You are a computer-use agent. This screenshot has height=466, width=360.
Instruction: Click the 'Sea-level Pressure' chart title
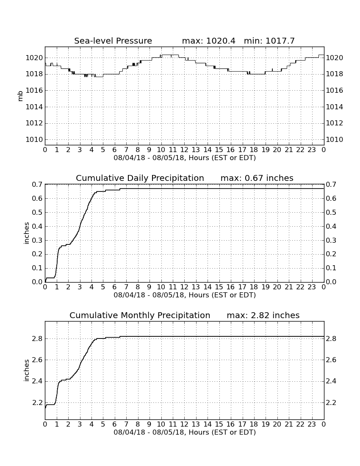pos(113,41)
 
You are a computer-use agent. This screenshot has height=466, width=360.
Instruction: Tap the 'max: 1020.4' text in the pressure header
pos(208,41)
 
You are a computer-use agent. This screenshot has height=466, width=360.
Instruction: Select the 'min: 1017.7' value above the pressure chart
pos(269,41)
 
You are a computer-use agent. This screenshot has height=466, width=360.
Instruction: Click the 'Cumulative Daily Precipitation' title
pos(140,178)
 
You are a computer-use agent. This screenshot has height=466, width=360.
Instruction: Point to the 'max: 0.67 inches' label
pos(257,178)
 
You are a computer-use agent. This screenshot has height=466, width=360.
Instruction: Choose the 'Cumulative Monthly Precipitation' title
pos(140,315)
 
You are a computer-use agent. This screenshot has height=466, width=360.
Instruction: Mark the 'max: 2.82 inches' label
pos(263,315)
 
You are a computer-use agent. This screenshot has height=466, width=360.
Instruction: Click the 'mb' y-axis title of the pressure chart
pos(20,96)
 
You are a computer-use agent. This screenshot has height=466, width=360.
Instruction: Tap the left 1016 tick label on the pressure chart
pos(34,90)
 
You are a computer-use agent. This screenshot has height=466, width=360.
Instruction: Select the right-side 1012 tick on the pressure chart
pos(335,123)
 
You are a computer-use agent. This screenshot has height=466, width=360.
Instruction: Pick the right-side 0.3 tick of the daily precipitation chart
pos(331,240)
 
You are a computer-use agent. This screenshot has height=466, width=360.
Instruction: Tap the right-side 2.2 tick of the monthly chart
pos(331,403)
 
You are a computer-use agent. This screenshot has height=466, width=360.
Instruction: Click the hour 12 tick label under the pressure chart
pos(184,150)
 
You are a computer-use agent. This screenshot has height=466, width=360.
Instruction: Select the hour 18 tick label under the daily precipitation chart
pos(254,287)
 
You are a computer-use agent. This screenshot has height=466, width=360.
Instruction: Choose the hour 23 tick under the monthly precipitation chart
pos(312,424)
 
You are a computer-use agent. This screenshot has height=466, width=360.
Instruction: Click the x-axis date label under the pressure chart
pos(185,158)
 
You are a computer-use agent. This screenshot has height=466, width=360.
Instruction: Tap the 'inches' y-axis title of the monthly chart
pos(26,370)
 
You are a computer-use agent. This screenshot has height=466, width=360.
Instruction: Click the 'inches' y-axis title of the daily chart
pos(26,233)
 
